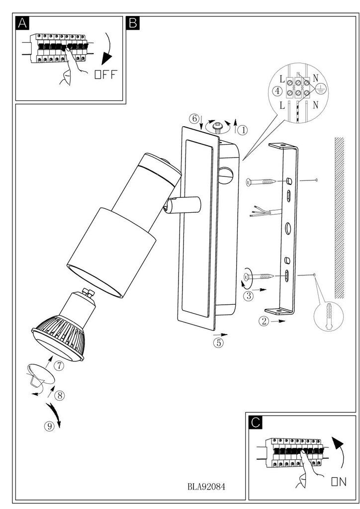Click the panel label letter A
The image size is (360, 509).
[22, 23]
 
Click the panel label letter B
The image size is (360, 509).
[133, 23]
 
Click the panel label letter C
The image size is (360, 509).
[256, 422]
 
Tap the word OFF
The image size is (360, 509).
[105, 75]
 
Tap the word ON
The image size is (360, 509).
[339, 482]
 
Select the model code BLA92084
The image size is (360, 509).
[206, 486]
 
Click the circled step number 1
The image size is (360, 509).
[243, 130]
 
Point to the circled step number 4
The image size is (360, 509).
[277, 91]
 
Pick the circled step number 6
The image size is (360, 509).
[194, 118]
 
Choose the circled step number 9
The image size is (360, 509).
[49, 426]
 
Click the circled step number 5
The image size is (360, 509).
[218, 342]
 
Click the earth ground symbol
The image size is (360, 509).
[320, 88]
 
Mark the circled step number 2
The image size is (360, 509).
[264, 321]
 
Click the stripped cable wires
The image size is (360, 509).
[266, 211]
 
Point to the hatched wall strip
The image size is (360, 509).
[340, 218]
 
